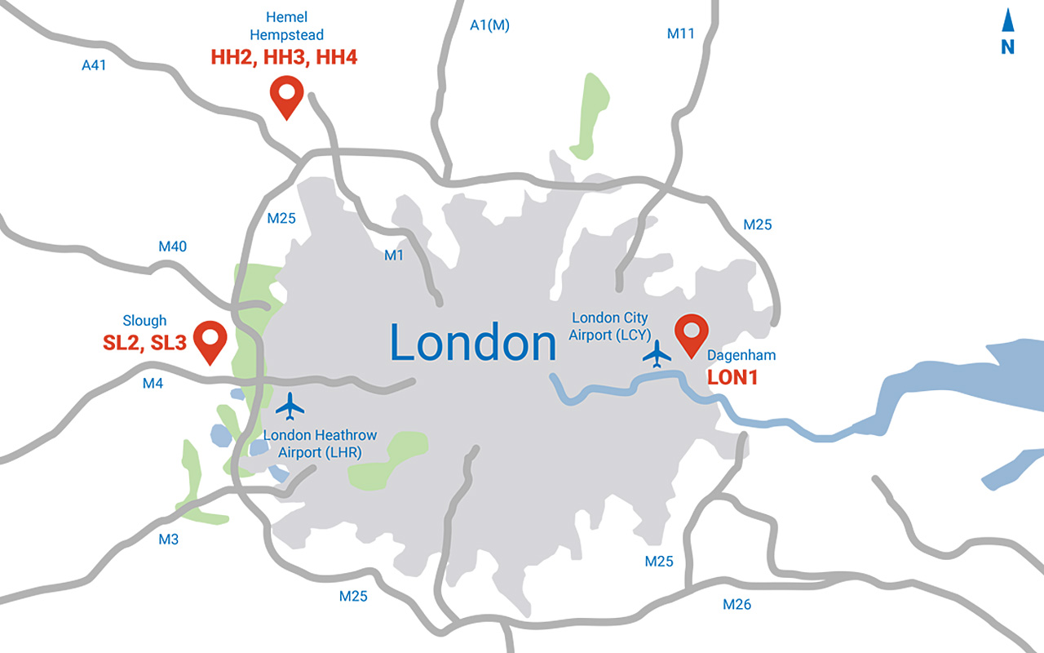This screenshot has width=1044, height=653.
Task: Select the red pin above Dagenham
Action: [692, 333]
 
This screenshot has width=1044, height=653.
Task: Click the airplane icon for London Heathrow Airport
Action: [290, 405]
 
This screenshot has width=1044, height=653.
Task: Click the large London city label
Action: [473, 343]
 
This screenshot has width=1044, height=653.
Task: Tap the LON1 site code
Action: [732, 377]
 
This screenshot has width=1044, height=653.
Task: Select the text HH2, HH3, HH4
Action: [284, 58]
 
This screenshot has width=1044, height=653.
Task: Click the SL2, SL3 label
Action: [144, 344]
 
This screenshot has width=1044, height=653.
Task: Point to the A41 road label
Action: [95, 64]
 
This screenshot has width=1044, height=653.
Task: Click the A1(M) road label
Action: [489, 25]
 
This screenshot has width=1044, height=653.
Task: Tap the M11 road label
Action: [680, 33]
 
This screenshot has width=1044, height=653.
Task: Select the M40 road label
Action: [172, 247]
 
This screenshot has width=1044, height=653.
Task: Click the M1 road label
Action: [394, 255]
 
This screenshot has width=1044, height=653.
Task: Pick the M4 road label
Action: [153, 382]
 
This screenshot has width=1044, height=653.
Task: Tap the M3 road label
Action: [168, 540]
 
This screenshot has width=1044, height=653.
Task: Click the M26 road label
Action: [737, 605]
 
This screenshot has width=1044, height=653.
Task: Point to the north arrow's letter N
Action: [1008, 47]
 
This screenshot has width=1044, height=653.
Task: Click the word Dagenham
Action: [741, 355]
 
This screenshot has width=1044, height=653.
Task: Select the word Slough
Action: [144, 321]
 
